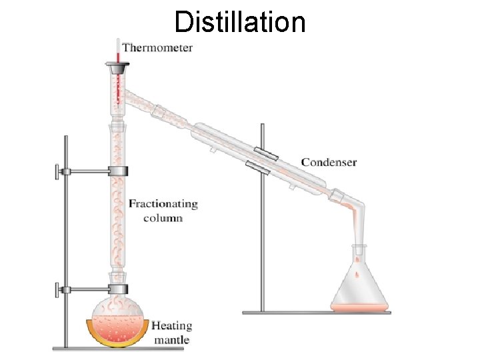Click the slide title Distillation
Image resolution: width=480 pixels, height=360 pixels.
click(x=240, y=21)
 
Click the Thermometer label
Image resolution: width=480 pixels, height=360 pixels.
click(x=157, y=47)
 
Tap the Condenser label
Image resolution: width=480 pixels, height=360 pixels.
click(x=329, y=162)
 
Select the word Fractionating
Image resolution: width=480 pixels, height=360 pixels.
click(x=163, y=203)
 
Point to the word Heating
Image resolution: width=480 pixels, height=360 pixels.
click(x=171, y=326)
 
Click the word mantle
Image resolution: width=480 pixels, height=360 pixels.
click(x=172, y=340)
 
